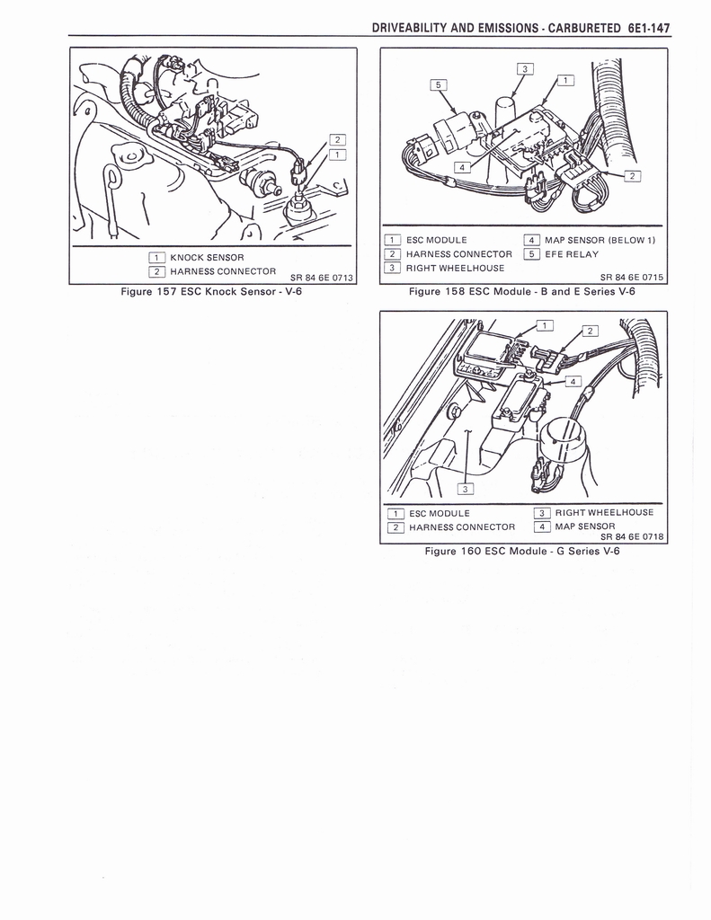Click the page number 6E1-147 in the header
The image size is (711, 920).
[x=648, y=28]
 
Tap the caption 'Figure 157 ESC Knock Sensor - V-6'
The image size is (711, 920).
[x=211, y=292]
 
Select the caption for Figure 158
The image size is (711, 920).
[x=522, y=292]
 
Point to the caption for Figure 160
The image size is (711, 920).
[x=522, y=551]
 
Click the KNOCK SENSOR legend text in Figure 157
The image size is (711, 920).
[x=207, y=258]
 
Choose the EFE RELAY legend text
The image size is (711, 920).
[x=572, y=254]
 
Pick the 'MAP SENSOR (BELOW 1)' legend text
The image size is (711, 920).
[x=600, y=240]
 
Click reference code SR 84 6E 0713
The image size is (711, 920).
[x=322, y=278]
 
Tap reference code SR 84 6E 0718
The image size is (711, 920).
[x=632, y=536]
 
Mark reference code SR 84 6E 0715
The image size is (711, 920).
[x=632, y=278]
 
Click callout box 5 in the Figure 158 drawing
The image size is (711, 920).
[x=438, y=85]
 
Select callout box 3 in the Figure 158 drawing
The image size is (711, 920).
[x=525, y=68]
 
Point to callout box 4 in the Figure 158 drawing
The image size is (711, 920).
[x=462, y=167]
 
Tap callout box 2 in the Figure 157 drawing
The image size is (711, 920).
[x=338, y=139]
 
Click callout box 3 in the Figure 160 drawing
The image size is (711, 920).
[x=465, y=489]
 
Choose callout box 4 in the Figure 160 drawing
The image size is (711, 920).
[x=573, y=381]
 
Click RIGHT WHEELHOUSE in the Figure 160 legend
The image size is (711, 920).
[x=604, y=512]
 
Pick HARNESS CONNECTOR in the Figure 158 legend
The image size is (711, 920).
[x=459, y=254]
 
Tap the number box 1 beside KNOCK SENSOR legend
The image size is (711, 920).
[x=156, y=258]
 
